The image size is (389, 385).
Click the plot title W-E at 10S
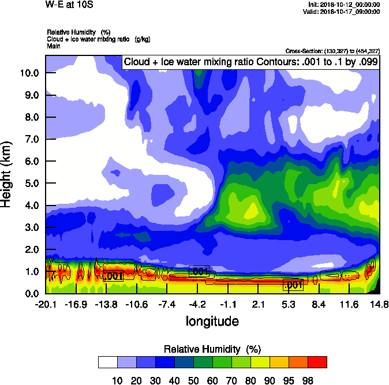69,4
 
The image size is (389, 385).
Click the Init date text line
344,4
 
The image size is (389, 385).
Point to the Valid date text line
343,11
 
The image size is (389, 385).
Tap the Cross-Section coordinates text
332,51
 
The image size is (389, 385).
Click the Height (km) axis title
6,174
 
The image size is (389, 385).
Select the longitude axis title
212,320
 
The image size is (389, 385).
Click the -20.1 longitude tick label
46,304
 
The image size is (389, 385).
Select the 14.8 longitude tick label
379,304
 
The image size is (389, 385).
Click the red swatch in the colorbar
317,362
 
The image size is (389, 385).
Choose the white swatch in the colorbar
108,362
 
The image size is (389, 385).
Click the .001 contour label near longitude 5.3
293,285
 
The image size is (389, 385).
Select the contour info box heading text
250,62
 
